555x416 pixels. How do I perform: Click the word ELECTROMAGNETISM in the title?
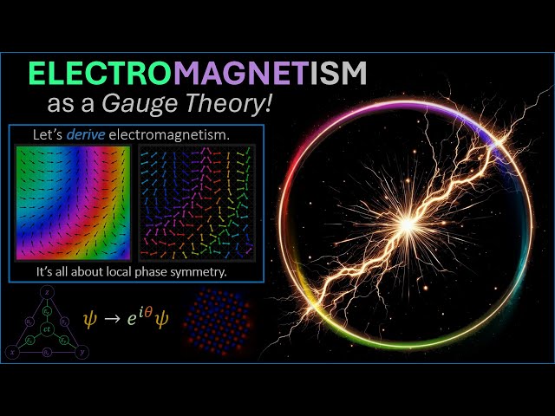coord(198,75)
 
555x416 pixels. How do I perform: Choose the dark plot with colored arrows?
coord(197,203)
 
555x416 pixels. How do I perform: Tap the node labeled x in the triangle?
coord(10,354)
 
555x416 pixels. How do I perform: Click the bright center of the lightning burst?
coord(406,224)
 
